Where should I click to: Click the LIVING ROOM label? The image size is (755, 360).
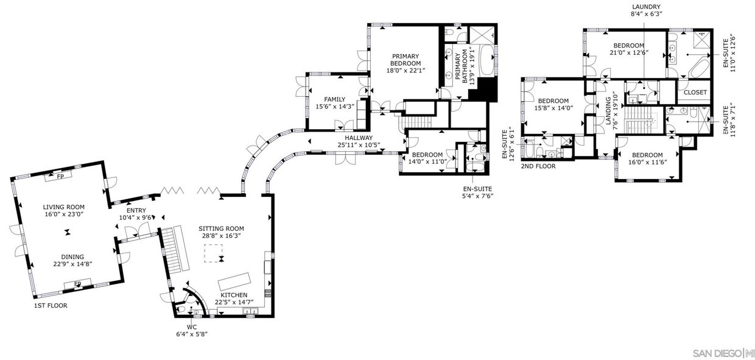click(64, 207)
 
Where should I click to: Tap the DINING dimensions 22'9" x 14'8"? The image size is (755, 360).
click(73, 264)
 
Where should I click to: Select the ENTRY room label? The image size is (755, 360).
click(136, 210)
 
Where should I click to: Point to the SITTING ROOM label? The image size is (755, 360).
click(221, 228)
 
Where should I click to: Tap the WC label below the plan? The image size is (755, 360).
click(192, 327)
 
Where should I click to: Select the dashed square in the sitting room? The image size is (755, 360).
click(213, 253)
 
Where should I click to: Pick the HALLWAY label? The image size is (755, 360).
click(359, 138)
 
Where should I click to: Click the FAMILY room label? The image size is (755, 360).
click(335, 99)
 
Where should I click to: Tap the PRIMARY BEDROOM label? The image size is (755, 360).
click(406, 60)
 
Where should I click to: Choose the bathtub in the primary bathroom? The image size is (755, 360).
click(486, 60)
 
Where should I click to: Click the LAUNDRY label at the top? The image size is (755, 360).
click(646, 7)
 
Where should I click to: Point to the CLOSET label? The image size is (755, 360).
click(695, 92)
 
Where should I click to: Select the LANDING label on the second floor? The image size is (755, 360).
click(609, 111)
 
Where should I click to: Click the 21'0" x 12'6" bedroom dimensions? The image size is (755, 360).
click(629, 52)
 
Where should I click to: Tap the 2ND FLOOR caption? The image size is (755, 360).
click(538, 166)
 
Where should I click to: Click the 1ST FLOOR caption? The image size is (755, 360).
click(51, 306)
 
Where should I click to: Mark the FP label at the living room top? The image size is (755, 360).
click(60, 176)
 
